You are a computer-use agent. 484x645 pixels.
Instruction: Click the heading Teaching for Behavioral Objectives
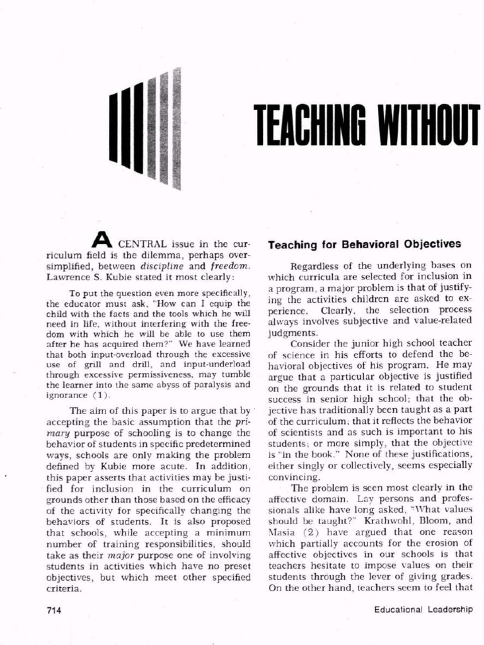[x=364, y=243]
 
